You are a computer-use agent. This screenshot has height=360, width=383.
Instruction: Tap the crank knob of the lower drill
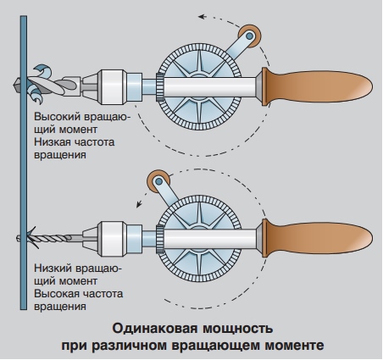coord(157,180)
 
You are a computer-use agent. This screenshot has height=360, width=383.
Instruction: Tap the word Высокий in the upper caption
coord(58,118)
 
